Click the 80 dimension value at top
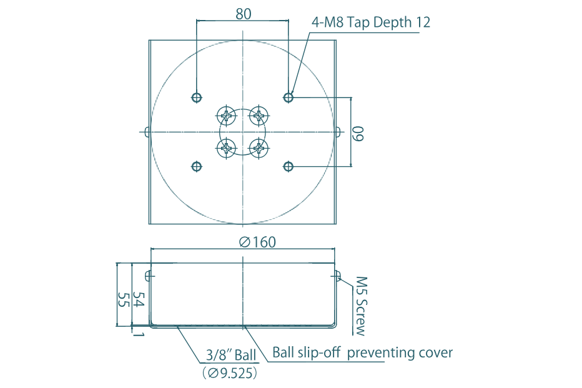click(x=244, y=14)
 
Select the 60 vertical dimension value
click(x=358, y=132)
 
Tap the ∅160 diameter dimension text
click(x=257, y=242)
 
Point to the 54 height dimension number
click(x=141, y=300)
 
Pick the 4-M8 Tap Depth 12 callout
click(x=371, y=22)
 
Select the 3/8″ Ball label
click(x=231, y=356)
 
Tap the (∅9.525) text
click(x=229, y=374)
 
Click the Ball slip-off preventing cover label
click(x=362, y=352)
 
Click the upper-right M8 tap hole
click(x=289, y=97)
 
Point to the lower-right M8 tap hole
click(x=289, y=166)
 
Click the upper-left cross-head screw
click(x=225, y=116)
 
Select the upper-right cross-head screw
click(x=259, y=116)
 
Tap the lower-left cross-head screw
click(x=225, y=148)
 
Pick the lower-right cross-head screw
click(x=259, y=148)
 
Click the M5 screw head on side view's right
click(x=338, y=276)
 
